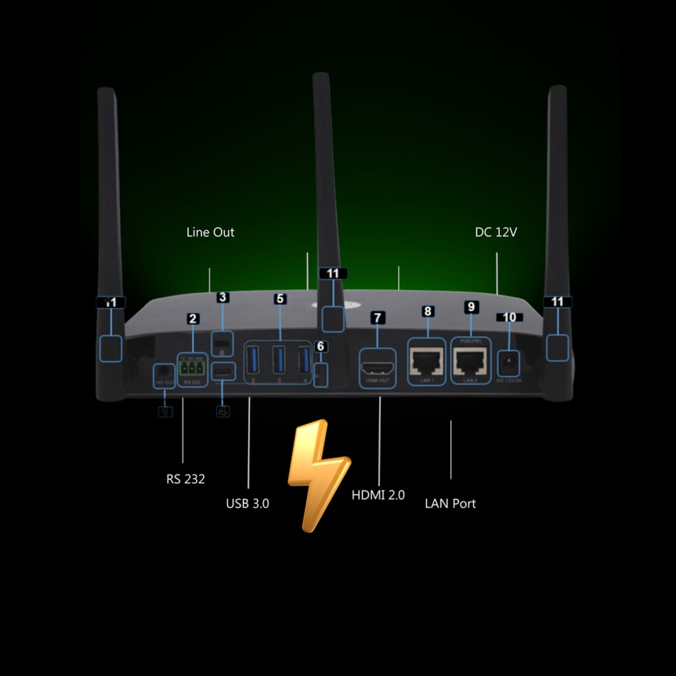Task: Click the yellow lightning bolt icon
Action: [318, 473]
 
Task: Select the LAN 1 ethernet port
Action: [427, 362]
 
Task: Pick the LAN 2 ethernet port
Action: [470, 361]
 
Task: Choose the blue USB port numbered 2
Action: [252, 360]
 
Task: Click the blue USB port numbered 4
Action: [304, 360]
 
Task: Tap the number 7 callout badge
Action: [377, 318]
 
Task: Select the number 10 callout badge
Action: [509, 318]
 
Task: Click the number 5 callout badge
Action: [280, 298]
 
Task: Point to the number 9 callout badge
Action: [471, 306]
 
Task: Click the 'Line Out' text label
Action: [210, 232]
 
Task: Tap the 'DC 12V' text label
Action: [495, 232]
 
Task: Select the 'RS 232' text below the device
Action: [186, 479]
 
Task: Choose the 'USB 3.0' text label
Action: [248, 504]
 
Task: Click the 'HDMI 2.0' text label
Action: [378, 495]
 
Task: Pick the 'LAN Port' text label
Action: [450, 504]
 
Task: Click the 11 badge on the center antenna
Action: [333, 273]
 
